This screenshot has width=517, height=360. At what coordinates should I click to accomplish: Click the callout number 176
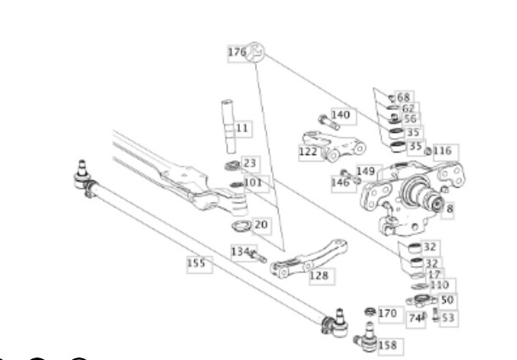click(237, 53)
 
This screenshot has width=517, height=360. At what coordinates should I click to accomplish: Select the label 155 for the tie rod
click(196, 263)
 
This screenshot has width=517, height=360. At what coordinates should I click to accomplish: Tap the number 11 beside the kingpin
click(242, 128)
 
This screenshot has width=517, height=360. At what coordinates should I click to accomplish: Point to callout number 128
click(319, 275)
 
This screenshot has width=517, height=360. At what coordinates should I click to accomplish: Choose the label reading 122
click(308, 152)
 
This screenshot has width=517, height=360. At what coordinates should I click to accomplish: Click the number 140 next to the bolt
click(341, 114)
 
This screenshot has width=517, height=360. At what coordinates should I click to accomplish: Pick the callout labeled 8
click(450, 208)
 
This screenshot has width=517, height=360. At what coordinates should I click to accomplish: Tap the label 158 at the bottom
click(387, 346)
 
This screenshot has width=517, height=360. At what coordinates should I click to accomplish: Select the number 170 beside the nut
click(387, 313)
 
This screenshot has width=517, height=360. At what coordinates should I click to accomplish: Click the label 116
click(442, 151)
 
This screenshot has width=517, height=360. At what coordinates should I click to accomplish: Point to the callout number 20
click(261, 224)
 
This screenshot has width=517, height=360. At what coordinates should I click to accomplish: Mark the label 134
click(240, 252)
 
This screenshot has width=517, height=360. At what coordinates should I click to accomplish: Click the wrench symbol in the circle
click(255, 52)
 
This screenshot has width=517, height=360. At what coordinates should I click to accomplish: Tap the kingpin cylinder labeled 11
click(228, 126)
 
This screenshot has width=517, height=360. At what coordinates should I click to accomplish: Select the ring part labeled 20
click(242, 226)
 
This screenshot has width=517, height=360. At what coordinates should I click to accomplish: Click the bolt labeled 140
click(329, 122)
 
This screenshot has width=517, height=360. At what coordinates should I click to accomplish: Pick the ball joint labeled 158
click(367, 338)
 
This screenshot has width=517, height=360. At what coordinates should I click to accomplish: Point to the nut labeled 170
click(370, 312)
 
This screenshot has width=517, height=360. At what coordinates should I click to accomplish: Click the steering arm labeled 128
click(309, 259)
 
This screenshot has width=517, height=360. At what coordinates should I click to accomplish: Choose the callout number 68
click(403, 97)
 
